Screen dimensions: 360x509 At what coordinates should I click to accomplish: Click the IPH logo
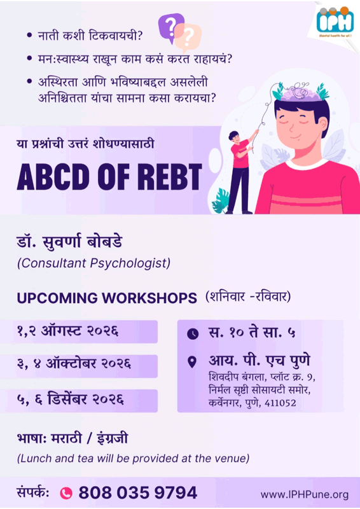335,22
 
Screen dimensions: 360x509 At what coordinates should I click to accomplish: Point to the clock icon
193,333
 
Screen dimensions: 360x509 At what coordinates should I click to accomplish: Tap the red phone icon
66,493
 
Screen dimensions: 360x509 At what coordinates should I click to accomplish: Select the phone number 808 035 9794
137,492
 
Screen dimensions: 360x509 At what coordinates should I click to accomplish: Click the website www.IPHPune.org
305,495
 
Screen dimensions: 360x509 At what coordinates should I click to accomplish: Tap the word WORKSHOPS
148,298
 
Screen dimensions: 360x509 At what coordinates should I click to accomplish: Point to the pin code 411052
280,403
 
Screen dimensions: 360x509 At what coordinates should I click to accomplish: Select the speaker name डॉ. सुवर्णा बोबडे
69,242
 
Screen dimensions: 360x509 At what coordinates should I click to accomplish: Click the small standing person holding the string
242,172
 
